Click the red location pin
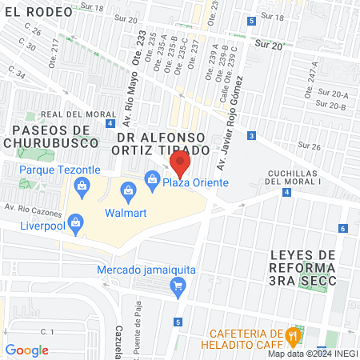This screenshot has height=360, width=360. point(180,165)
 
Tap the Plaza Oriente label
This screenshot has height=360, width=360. point(196,182)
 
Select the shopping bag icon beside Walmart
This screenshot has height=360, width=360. point(127,190)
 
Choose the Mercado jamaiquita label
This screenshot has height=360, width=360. point(147,270)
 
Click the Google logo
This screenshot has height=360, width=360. point(26,350)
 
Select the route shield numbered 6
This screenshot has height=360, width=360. point(342,229)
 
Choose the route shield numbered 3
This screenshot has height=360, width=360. point(252,136)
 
